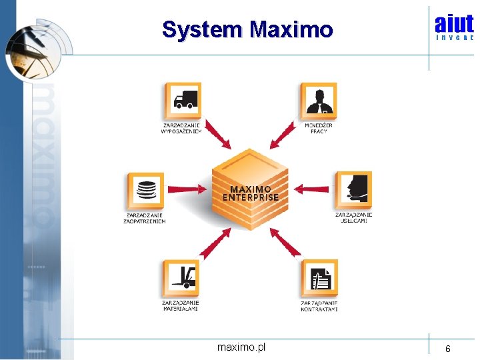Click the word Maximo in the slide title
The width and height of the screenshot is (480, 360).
[291, 30]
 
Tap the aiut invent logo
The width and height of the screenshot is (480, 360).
[454, 27]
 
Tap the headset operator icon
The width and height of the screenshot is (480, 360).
[353, 190]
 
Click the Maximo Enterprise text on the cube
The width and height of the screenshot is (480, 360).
[250, 193]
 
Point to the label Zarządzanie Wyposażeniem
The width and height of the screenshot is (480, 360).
[181, 128]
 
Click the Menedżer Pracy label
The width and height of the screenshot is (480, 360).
[319, 128]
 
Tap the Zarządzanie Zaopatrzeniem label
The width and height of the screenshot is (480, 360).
[145, 218]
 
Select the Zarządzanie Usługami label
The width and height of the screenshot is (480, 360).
[353, 217]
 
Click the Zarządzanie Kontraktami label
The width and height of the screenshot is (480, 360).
[319, 306]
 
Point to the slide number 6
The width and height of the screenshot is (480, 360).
[448, 349]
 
